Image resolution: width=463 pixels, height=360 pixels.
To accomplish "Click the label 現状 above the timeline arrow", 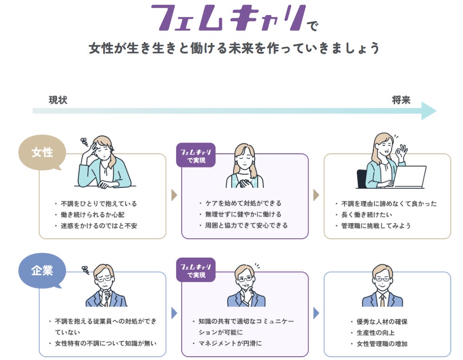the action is (x=58, y=100).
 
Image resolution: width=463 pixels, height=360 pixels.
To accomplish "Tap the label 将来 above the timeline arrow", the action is (x=401, y=100).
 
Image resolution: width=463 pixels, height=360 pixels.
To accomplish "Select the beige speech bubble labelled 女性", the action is (x=42, y=153).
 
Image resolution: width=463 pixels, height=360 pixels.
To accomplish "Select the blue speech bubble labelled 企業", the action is (x=42, y=271).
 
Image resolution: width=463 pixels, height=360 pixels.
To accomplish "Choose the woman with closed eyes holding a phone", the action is (x=244, y=165).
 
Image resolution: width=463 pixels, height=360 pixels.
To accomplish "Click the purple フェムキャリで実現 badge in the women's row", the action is (x=195, y=155).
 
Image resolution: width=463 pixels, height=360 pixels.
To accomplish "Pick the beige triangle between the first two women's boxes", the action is (x=174, y=195).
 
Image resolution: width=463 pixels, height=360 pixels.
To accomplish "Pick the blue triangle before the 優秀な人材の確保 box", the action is (x=316, y=313).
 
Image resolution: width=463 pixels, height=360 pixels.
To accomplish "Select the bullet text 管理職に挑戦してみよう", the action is (x=376, y=226).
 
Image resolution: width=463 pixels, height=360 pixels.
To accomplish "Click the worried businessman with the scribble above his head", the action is (x=105, y=288).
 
